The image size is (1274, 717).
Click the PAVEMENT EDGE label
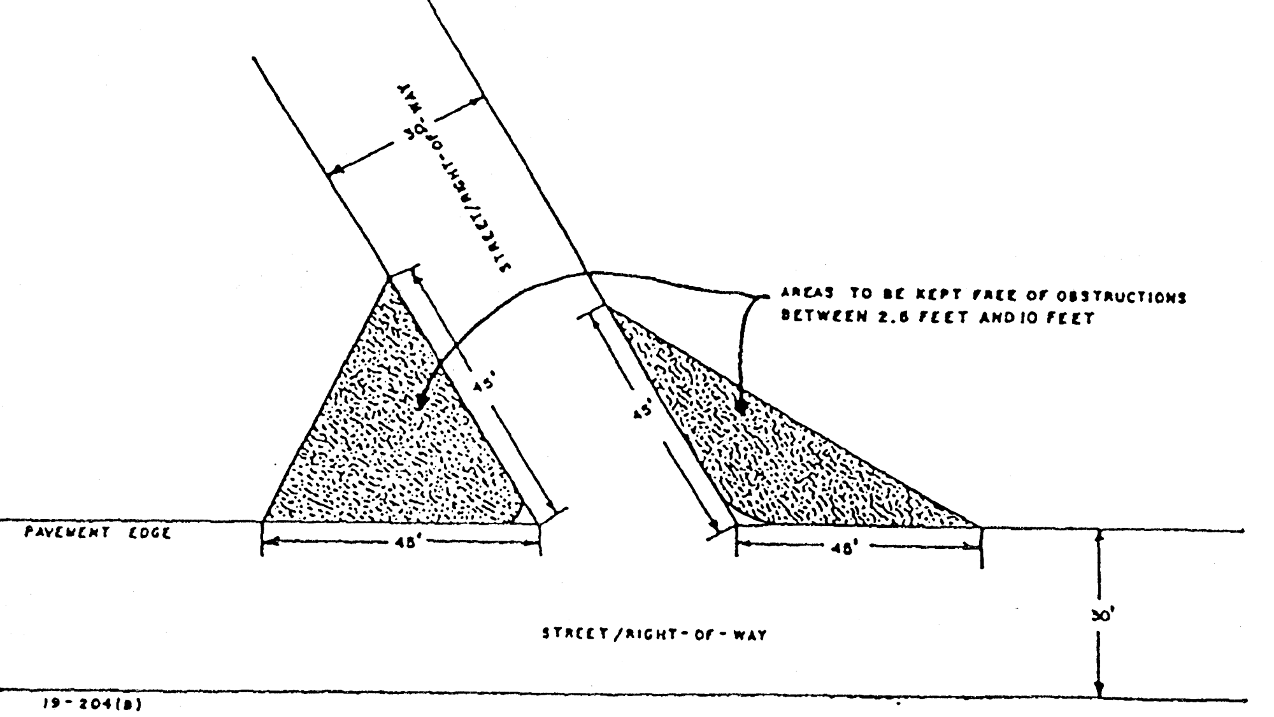[x=97, y=532]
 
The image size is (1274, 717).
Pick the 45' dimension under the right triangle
[x=842, y=548]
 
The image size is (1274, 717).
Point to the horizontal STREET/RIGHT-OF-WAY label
[x=654, y=634]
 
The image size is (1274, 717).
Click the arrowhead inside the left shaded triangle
[x=420, y=402]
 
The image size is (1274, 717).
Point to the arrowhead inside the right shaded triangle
[x=741, y=406]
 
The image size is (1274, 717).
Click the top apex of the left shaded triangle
[x=389, y=278]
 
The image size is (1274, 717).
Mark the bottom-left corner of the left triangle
[x=263, y=522]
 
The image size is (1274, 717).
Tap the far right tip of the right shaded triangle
[x=978, y=527]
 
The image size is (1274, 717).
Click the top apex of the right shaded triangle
[x=605, y=307]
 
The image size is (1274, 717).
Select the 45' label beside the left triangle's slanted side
[x=482, y=387]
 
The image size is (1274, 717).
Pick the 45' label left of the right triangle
[x=642, y=410]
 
